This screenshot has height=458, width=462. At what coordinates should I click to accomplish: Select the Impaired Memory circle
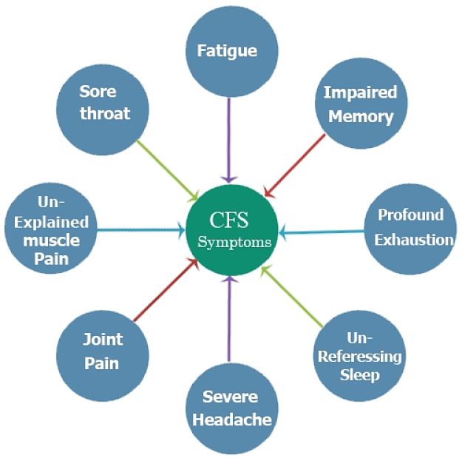pyautogui.click(x=360, y=104)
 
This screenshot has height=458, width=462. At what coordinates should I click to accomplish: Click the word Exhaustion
pyautogui.click(x=413, y=239)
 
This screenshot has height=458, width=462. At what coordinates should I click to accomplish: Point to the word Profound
pyautogui.click(x=410, y=215)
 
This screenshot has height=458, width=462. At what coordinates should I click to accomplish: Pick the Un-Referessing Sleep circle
pyautogui.click(x=359, y=355)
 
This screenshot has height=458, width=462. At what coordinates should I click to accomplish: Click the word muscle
pyautogui.click(x=51, y=240)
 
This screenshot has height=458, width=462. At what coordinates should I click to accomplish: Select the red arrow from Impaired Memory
pyautogui.click(x=295, y=165)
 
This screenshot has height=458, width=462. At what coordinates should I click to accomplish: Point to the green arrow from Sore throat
pyautogui.click(x=168, y=170)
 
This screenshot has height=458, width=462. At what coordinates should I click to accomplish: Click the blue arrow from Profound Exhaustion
pyautogui.click(x=322, y=232)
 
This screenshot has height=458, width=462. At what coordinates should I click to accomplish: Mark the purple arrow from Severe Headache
pyautogui.click(x=230, y=318)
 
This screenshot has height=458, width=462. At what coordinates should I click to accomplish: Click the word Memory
pyautogui.click(x=360, y=117)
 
